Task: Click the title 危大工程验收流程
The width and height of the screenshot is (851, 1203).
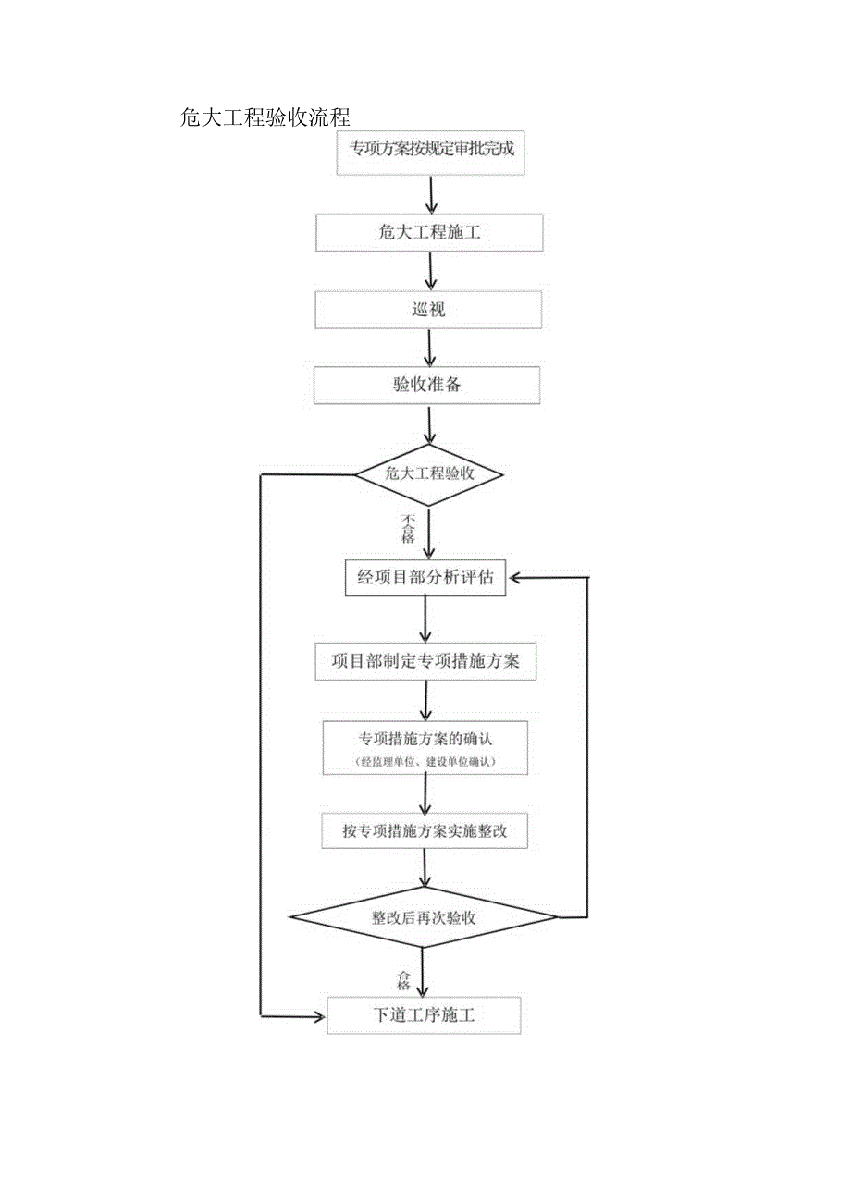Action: (x=265, y=117)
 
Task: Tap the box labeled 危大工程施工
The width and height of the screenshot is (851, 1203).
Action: (x=429, y=233)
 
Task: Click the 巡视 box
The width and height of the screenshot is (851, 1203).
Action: (x=428, y=310)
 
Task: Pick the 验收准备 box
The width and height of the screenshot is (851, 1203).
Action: (x=427, y=386)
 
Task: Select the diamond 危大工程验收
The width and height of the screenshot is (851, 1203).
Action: (x=429, y=474)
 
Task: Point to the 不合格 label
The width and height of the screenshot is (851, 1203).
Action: (x=408, y=529)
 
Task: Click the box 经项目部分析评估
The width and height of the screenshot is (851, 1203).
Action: (x=425, y=579)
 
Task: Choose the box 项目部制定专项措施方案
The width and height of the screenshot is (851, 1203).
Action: (x=425, y=662)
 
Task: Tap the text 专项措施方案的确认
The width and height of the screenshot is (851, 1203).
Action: (x=425, y=738)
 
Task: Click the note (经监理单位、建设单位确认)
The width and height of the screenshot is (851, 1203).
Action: (x=425, y=761)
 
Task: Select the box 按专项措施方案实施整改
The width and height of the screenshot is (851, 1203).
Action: (x=425, y=831)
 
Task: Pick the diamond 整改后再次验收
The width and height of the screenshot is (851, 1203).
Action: (x=424, y=917)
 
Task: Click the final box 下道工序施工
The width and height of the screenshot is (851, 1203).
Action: (x=425, y=1015)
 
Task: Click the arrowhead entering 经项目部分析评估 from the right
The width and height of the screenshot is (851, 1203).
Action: (x=513, y=578)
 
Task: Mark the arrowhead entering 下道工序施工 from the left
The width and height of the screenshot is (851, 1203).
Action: (x=320, y=1016)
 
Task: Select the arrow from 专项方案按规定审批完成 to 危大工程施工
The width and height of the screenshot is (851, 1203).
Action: (x=431, y=194)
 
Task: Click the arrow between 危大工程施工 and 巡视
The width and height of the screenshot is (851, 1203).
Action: (x=430, y=272)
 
